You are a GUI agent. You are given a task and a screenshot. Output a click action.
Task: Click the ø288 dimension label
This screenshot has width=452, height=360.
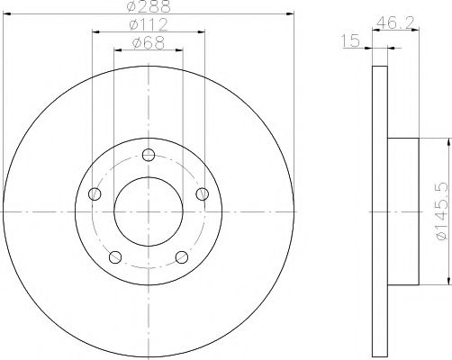tap(148, 7)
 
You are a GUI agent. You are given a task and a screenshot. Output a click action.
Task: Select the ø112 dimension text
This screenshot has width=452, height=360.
tap(148, 25)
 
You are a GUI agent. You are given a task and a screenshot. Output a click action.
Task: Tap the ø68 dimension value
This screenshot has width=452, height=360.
tap(148, 42)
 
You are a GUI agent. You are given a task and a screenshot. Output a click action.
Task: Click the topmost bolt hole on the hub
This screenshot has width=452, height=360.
tap(149, 154)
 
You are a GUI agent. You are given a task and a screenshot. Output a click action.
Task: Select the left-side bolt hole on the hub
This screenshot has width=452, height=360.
tap(94, 193)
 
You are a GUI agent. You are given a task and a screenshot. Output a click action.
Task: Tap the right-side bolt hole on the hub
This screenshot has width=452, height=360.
tap(203, 193)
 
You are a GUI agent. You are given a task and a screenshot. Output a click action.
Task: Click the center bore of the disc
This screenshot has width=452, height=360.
tap(149, 211)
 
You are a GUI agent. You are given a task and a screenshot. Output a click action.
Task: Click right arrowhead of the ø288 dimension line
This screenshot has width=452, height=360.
tap(291, 13)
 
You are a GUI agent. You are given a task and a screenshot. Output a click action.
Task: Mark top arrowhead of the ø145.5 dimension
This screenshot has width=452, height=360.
tap(447, 140)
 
